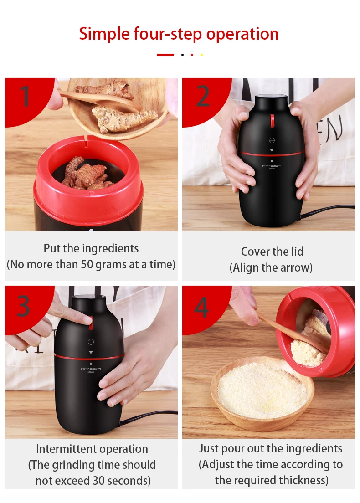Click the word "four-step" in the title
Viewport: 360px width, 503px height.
168,34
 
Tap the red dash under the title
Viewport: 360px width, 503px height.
165,55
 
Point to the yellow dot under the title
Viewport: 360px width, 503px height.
201,55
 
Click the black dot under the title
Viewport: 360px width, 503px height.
182,55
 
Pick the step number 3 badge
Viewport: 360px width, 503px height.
24,306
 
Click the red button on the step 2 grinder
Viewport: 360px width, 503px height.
272,120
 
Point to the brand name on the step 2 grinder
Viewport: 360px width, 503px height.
272,166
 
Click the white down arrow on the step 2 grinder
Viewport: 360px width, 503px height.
272,150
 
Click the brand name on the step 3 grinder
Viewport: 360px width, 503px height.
91,369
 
